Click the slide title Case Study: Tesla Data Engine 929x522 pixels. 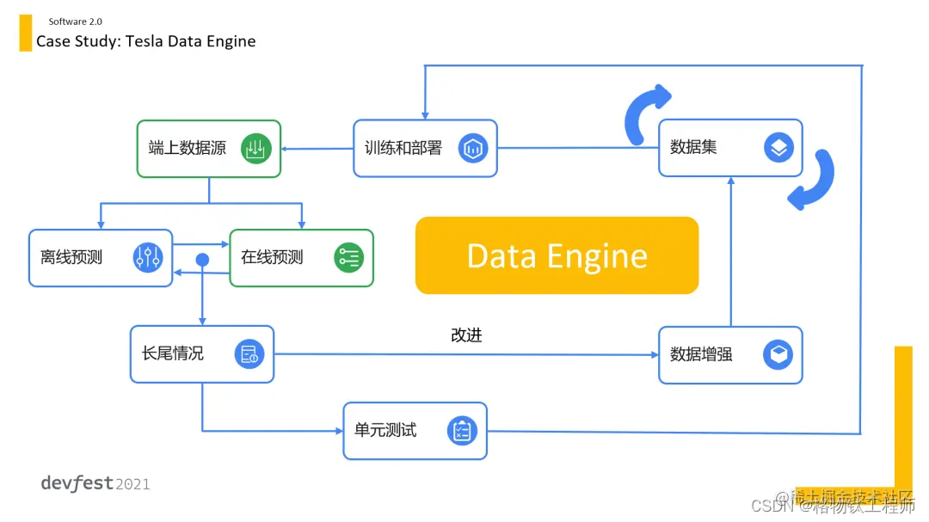click(145, 41)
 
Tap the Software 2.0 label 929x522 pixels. click(75, 21)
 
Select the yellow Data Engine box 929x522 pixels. click(557, 255)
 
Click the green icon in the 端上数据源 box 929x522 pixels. click(255, 148)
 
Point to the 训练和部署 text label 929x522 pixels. click(402, 148)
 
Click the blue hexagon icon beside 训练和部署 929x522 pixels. click(472, 148)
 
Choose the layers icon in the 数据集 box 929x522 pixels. click(778, 148)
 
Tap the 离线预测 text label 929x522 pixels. click(71, 256)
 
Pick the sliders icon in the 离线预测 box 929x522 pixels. click(148, 257)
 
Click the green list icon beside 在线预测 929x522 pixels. click(348, 257)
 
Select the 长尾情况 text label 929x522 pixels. click(173, 353)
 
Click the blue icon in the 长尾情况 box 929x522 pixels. click(249, 353)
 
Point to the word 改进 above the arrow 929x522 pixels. click(466, 335)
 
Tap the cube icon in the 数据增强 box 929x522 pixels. click(778, 354)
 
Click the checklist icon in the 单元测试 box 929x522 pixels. click(462, 430)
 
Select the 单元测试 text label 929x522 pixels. click(385, 430)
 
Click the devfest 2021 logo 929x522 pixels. click(95, 483)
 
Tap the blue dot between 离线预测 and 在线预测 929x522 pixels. click(203, 259)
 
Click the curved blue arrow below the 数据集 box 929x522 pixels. click(813, 181)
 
